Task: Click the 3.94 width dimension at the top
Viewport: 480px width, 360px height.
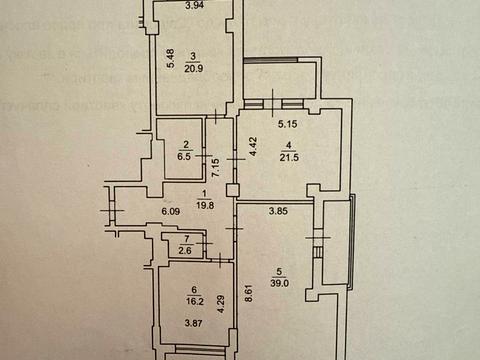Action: [x=194, y=5]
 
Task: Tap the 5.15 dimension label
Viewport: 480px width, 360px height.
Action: [x=288, y=125]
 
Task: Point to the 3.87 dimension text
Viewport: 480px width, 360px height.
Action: [x=195, y=324]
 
